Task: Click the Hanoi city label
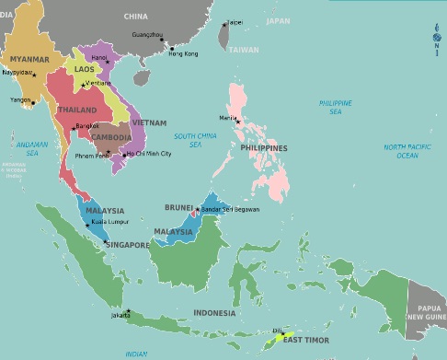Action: pyautogui.click(x=99, y=56)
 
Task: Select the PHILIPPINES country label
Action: pyautogui.click(x=263, y=147)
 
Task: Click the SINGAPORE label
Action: pyautogui.click(x=127, y=245)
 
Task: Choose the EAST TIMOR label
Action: pyautogui.click(x=304, y=341)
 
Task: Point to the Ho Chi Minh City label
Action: pyautogui.click(x=148, y=154)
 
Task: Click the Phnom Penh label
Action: pyautogui.click(x=89, y=157)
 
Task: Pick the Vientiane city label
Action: pyautogui.click(x=99, y=83)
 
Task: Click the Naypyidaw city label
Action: pyautogui.click(x=18, y=70)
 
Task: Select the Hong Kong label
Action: pyautogui.click(x=183, y=53)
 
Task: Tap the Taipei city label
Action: pyautogui.click(x=235, y=22)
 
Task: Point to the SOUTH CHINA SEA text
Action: pyautogui.click(x=194, y=140)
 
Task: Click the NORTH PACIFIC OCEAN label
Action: pyautogui.click(x=407, y=151)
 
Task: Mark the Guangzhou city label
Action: pyautogui.click(x=148, y=34)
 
